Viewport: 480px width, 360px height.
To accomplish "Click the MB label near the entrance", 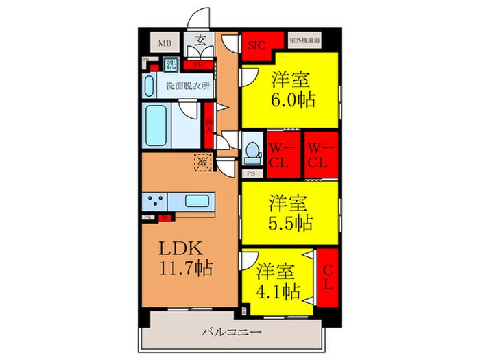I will click(x=165, y=44).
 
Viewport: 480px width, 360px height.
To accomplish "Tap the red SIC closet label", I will click(x=257, y=45).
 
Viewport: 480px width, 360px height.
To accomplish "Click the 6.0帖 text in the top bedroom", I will click(x=293, y=99).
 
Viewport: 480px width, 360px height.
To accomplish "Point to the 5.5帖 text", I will click(x=291, y=222).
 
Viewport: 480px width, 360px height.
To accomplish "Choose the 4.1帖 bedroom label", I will click(x=278, y=291).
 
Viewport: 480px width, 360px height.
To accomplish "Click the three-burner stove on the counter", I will click(x=154, y=202).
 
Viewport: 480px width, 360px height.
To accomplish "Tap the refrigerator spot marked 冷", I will click(x=203, y=164).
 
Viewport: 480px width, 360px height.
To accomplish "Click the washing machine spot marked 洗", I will click(x=169, y=66).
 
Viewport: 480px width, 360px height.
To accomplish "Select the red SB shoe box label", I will click(x=197, y=66).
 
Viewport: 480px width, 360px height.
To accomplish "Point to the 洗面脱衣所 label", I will click(x=187, y=86).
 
